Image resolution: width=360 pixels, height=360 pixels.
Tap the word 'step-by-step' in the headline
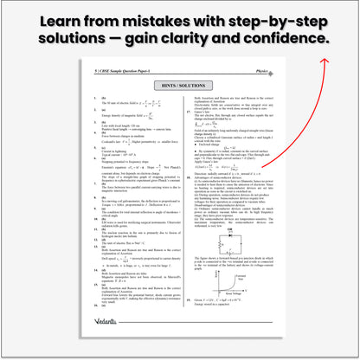tap(275, 18)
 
